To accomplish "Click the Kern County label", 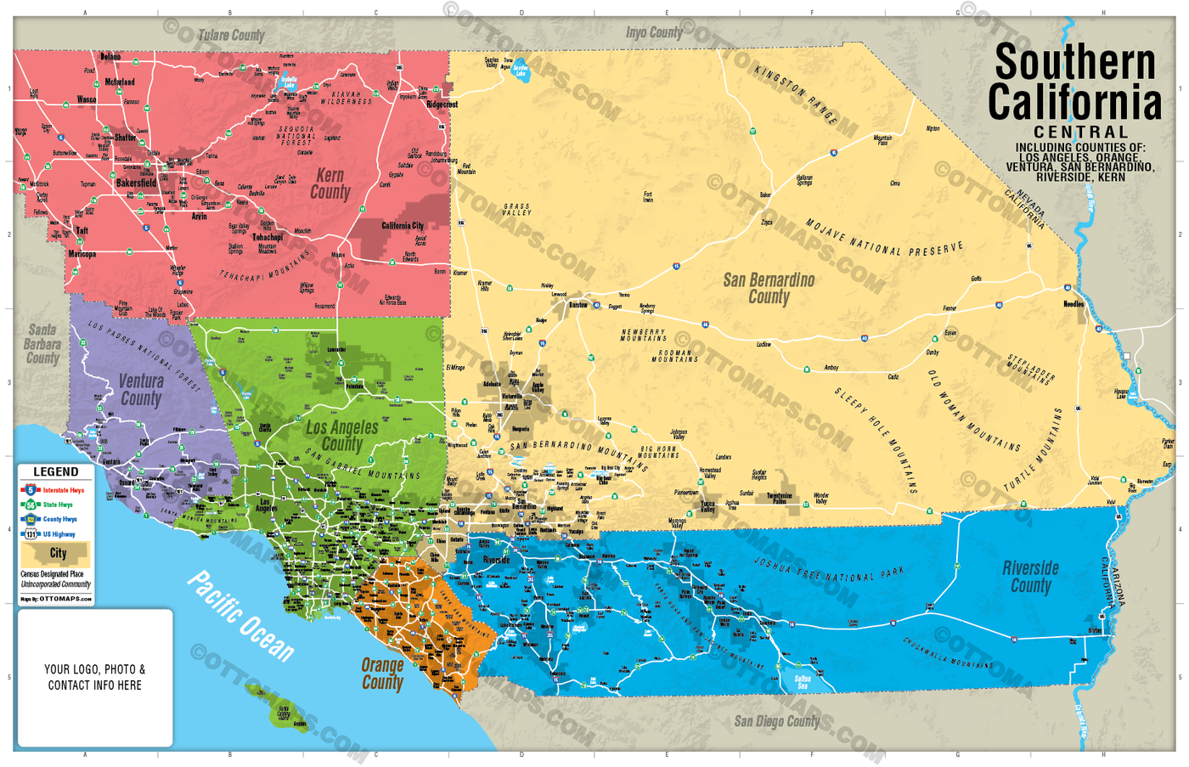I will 330,184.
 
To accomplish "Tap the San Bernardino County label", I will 768,288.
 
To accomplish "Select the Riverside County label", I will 1030,577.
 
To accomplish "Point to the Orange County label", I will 382,674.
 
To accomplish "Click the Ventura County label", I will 141,390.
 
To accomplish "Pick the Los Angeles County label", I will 342,436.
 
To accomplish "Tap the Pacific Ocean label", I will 240,616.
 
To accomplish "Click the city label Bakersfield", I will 136,183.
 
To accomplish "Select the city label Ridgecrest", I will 442,104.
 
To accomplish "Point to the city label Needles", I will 1073,303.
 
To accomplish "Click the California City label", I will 403,226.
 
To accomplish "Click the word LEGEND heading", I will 56,471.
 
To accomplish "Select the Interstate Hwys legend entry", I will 63,491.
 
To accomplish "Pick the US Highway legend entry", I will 59,534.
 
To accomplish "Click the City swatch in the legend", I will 56,554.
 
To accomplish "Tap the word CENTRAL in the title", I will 1080,132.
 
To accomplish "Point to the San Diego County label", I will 776,721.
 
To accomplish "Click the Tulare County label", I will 231,36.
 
